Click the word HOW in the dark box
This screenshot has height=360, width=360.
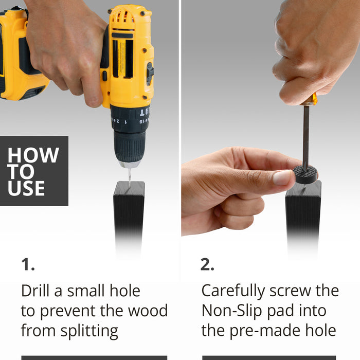33,155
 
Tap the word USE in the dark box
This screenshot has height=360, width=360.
26,188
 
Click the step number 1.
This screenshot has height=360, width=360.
28,264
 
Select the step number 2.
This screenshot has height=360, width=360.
207,264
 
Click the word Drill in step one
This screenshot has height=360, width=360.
35,291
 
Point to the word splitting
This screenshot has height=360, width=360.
89,331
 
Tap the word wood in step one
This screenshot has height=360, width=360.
148,311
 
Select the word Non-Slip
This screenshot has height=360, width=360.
232,311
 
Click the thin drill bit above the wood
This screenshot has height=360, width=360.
130,177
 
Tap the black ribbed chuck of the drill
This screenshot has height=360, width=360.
130,147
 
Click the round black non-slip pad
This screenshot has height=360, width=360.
305,175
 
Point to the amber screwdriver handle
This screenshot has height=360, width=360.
310,100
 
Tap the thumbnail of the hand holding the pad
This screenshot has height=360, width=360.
282,178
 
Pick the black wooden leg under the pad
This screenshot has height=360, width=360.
303,218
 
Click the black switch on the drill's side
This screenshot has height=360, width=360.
150,73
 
